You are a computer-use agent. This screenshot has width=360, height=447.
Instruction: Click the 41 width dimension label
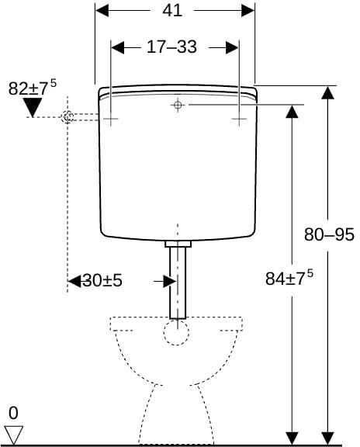tap(172, 11)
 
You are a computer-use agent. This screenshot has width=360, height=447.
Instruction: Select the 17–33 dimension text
tap(171, 47)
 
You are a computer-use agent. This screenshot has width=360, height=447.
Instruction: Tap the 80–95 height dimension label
tap(329, 234)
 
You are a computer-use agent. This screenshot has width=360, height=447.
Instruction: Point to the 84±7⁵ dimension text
tap(289, 277)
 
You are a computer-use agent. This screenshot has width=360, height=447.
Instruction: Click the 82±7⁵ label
tap(33, 87)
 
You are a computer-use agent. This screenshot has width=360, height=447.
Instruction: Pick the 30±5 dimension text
tap(102, 280)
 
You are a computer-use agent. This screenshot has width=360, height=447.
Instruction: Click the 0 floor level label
tap(13, 413)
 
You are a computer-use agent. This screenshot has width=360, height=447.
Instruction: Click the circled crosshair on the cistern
tap(178, 105)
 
